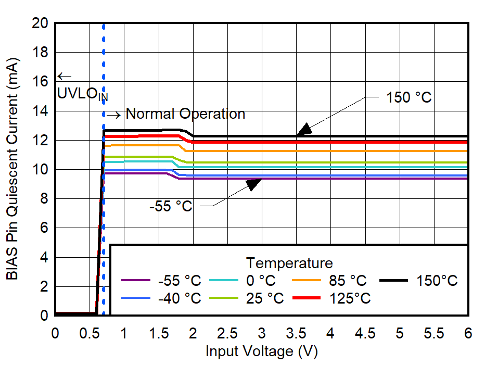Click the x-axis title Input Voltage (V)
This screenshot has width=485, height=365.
(x=261, y=351)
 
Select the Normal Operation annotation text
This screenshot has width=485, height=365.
(x=185, y=114)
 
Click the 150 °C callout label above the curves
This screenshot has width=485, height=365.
(x=409, y=97)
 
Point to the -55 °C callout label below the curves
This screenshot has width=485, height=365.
(x=171, y=206)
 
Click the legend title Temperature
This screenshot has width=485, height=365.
(x=289, y=262)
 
